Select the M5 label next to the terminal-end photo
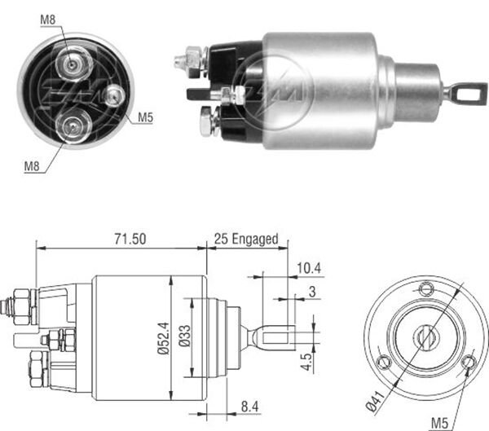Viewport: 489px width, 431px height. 145,117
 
